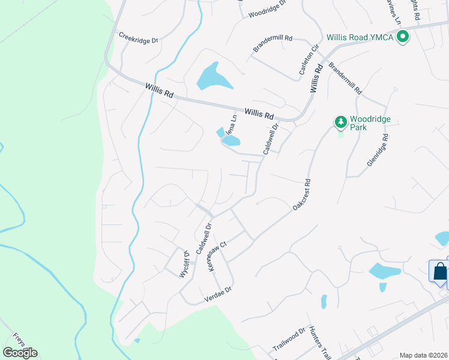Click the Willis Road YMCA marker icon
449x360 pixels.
click(x=403, y=37)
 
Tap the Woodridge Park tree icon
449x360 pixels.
click(x=341, y=123)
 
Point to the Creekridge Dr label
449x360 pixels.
click(x=138, y=37)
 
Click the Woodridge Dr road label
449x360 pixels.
click(x=268, y=13)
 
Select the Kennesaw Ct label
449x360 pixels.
click(x=217, y=256)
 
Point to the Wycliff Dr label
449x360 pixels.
click(x=184, y=265)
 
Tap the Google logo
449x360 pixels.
click(x=20, y=352)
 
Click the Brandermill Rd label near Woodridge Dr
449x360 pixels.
click(x=273, y=44)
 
